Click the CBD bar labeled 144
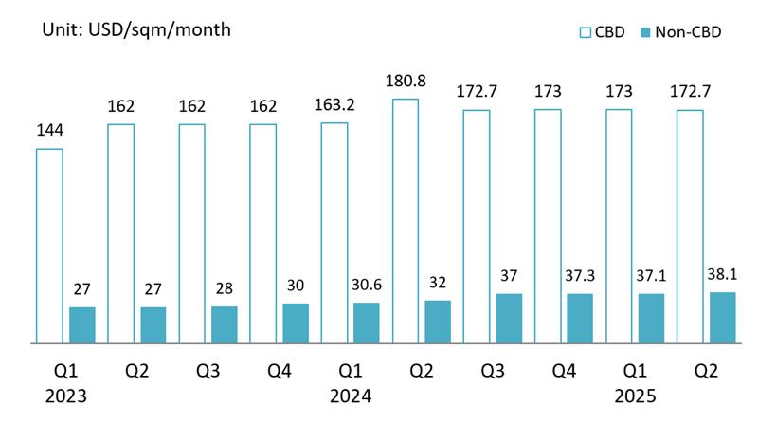(49, 245)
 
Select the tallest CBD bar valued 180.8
(405, 220)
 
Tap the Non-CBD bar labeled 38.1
(723, 317)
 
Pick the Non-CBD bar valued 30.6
(367, 323)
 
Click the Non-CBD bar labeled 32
(438, 321)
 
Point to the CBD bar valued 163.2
(334, 232)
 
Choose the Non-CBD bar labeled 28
(225, 323)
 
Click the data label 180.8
(405, 81)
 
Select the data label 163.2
(334, 105)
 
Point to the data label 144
(49, 131)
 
